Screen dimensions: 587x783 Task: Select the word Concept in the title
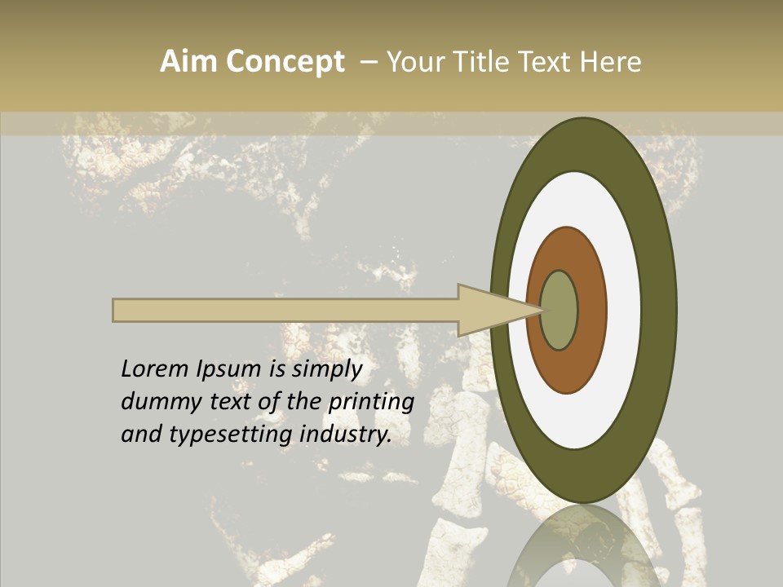click(285, 62)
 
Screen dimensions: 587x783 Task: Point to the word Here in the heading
click(609, 62)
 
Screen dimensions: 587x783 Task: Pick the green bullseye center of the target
click(559, 311)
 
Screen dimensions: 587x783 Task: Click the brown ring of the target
click(591, 311)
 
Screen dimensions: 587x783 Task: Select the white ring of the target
click(624, 311)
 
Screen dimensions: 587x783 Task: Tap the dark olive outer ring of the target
click(659, 311)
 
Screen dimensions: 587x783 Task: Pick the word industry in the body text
click(346, 435)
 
